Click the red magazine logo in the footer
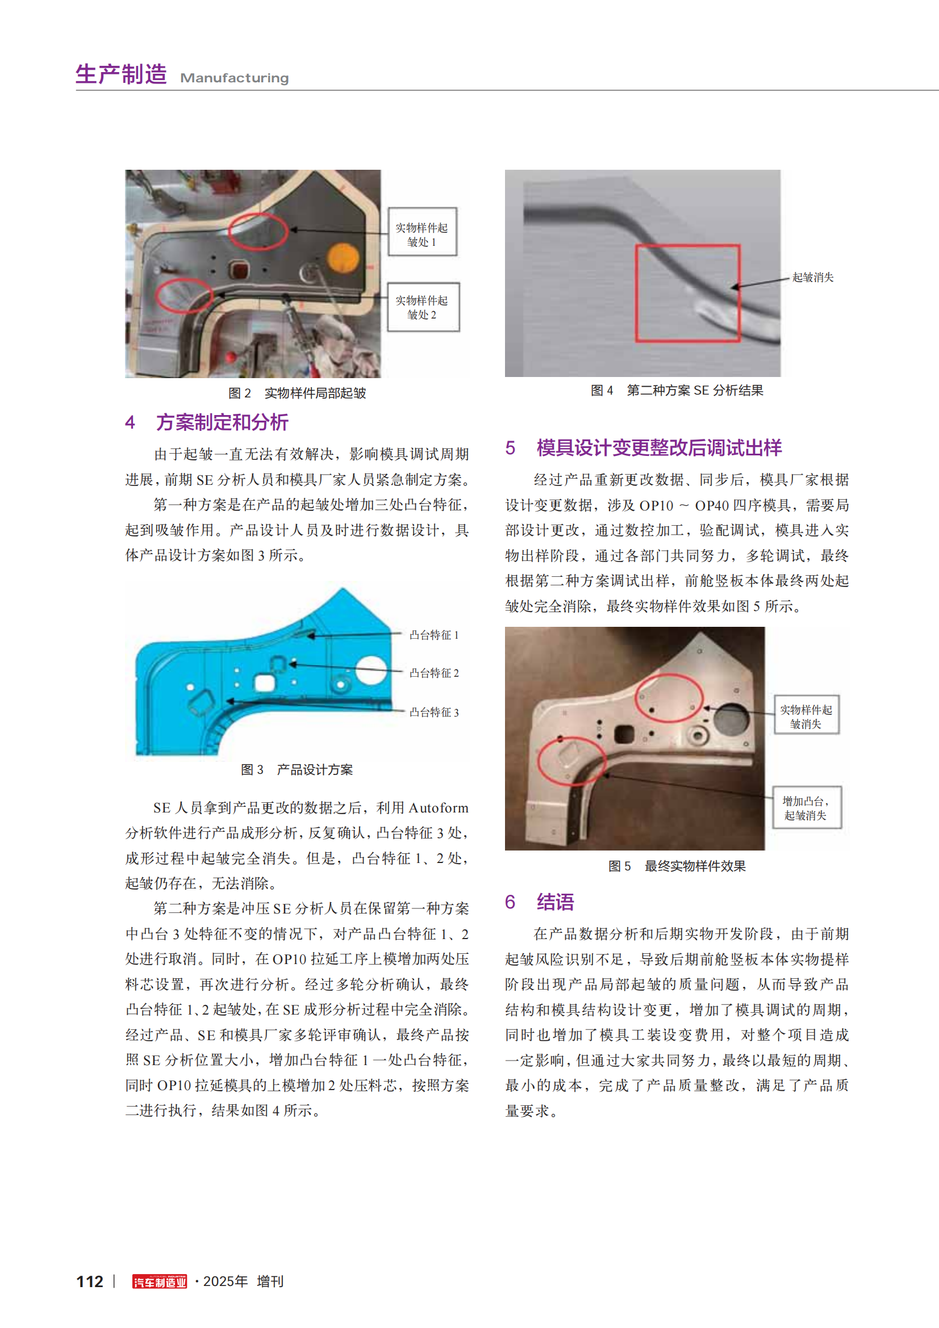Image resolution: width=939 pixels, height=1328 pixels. click(160, 1282)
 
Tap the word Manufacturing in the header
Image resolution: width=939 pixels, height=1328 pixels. click(234, 78)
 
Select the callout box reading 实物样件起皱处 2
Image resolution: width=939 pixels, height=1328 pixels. click(423, 307)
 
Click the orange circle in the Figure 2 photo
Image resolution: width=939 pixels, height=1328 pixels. click(343, 257)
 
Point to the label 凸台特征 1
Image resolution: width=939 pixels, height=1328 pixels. click(434, 635)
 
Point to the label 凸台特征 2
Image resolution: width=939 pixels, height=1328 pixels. click(434, 673)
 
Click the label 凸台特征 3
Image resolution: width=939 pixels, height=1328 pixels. click(434, 713)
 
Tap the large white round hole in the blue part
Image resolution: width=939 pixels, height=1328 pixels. click(371, 670)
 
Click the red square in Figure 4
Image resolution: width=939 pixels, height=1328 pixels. click(687, 293)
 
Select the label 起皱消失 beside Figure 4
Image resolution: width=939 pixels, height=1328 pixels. click(812, 278)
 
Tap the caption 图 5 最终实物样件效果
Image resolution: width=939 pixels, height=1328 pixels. click(677, 866)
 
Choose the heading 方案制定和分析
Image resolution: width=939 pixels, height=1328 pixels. click(222, 422)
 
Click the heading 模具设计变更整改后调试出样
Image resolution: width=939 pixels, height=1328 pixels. click(658, 447)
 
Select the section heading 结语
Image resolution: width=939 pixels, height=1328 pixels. click(555, 902)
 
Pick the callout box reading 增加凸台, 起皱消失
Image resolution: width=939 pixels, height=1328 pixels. click(807, 808)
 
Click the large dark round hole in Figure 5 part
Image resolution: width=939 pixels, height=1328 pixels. click(731, 719)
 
